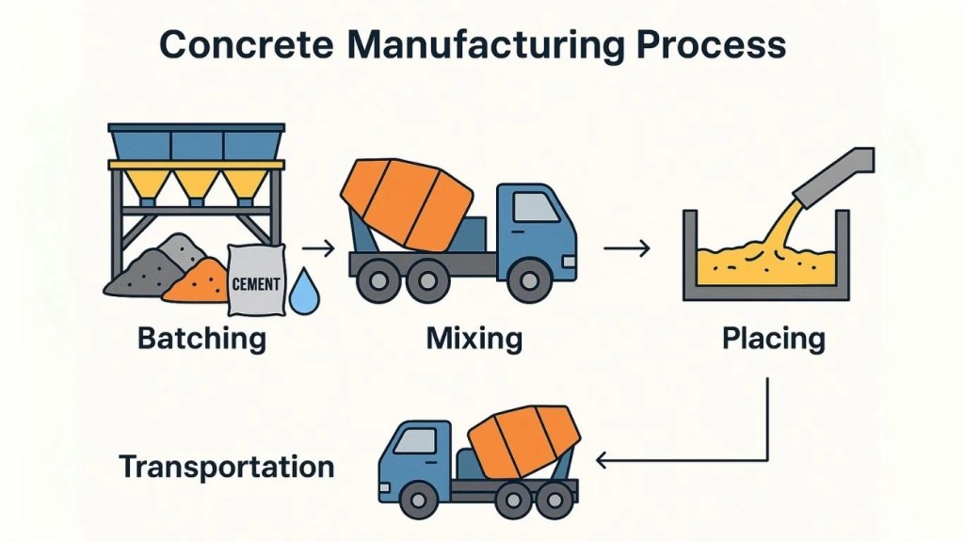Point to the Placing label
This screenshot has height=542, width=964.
click(774, 338)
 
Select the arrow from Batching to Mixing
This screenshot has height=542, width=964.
click(319, 249)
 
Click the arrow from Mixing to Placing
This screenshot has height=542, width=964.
click(626, 249)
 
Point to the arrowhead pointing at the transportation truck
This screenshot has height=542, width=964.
click(603, 461)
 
